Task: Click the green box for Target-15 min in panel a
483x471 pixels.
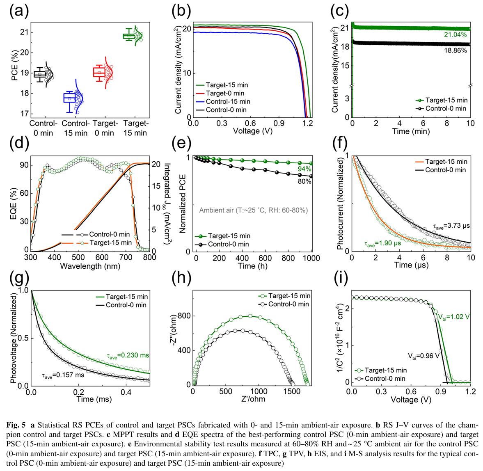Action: click(x=130, y=36)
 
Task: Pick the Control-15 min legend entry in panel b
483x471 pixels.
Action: click(x=228, y=101)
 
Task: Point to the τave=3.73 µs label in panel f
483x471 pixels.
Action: click(x=451, y=225)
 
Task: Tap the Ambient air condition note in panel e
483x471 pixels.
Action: click(x=254, y=210)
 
